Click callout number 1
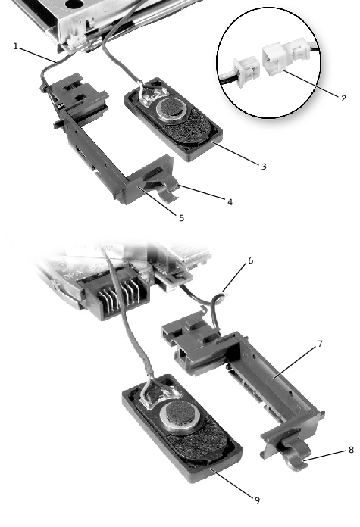[15, 46]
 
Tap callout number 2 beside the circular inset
[343, 98]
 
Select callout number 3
[264, 167]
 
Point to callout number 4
[230, 202]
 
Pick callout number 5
[181, 218]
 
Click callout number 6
[251, 260]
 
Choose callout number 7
[320, 344]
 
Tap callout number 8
[351, 450]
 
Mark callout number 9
[258, 500]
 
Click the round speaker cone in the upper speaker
[171, 108]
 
